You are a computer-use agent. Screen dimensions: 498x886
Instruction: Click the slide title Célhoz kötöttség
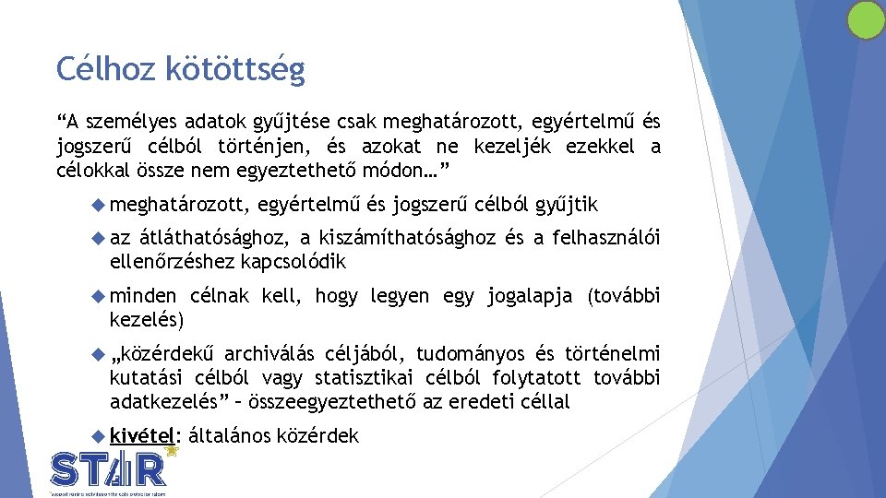(180, 69)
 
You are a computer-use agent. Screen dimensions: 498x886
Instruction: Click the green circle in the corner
(866, 19)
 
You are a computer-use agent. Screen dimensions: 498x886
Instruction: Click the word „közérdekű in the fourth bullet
(162, 354)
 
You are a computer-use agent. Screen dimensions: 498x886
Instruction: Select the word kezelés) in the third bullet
(147, 320)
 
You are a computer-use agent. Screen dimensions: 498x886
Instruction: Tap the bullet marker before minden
(101, 296)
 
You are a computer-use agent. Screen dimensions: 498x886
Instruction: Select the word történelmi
(613, 354)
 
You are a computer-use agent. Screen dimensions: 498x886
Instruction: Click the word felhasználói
(606, 239)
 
